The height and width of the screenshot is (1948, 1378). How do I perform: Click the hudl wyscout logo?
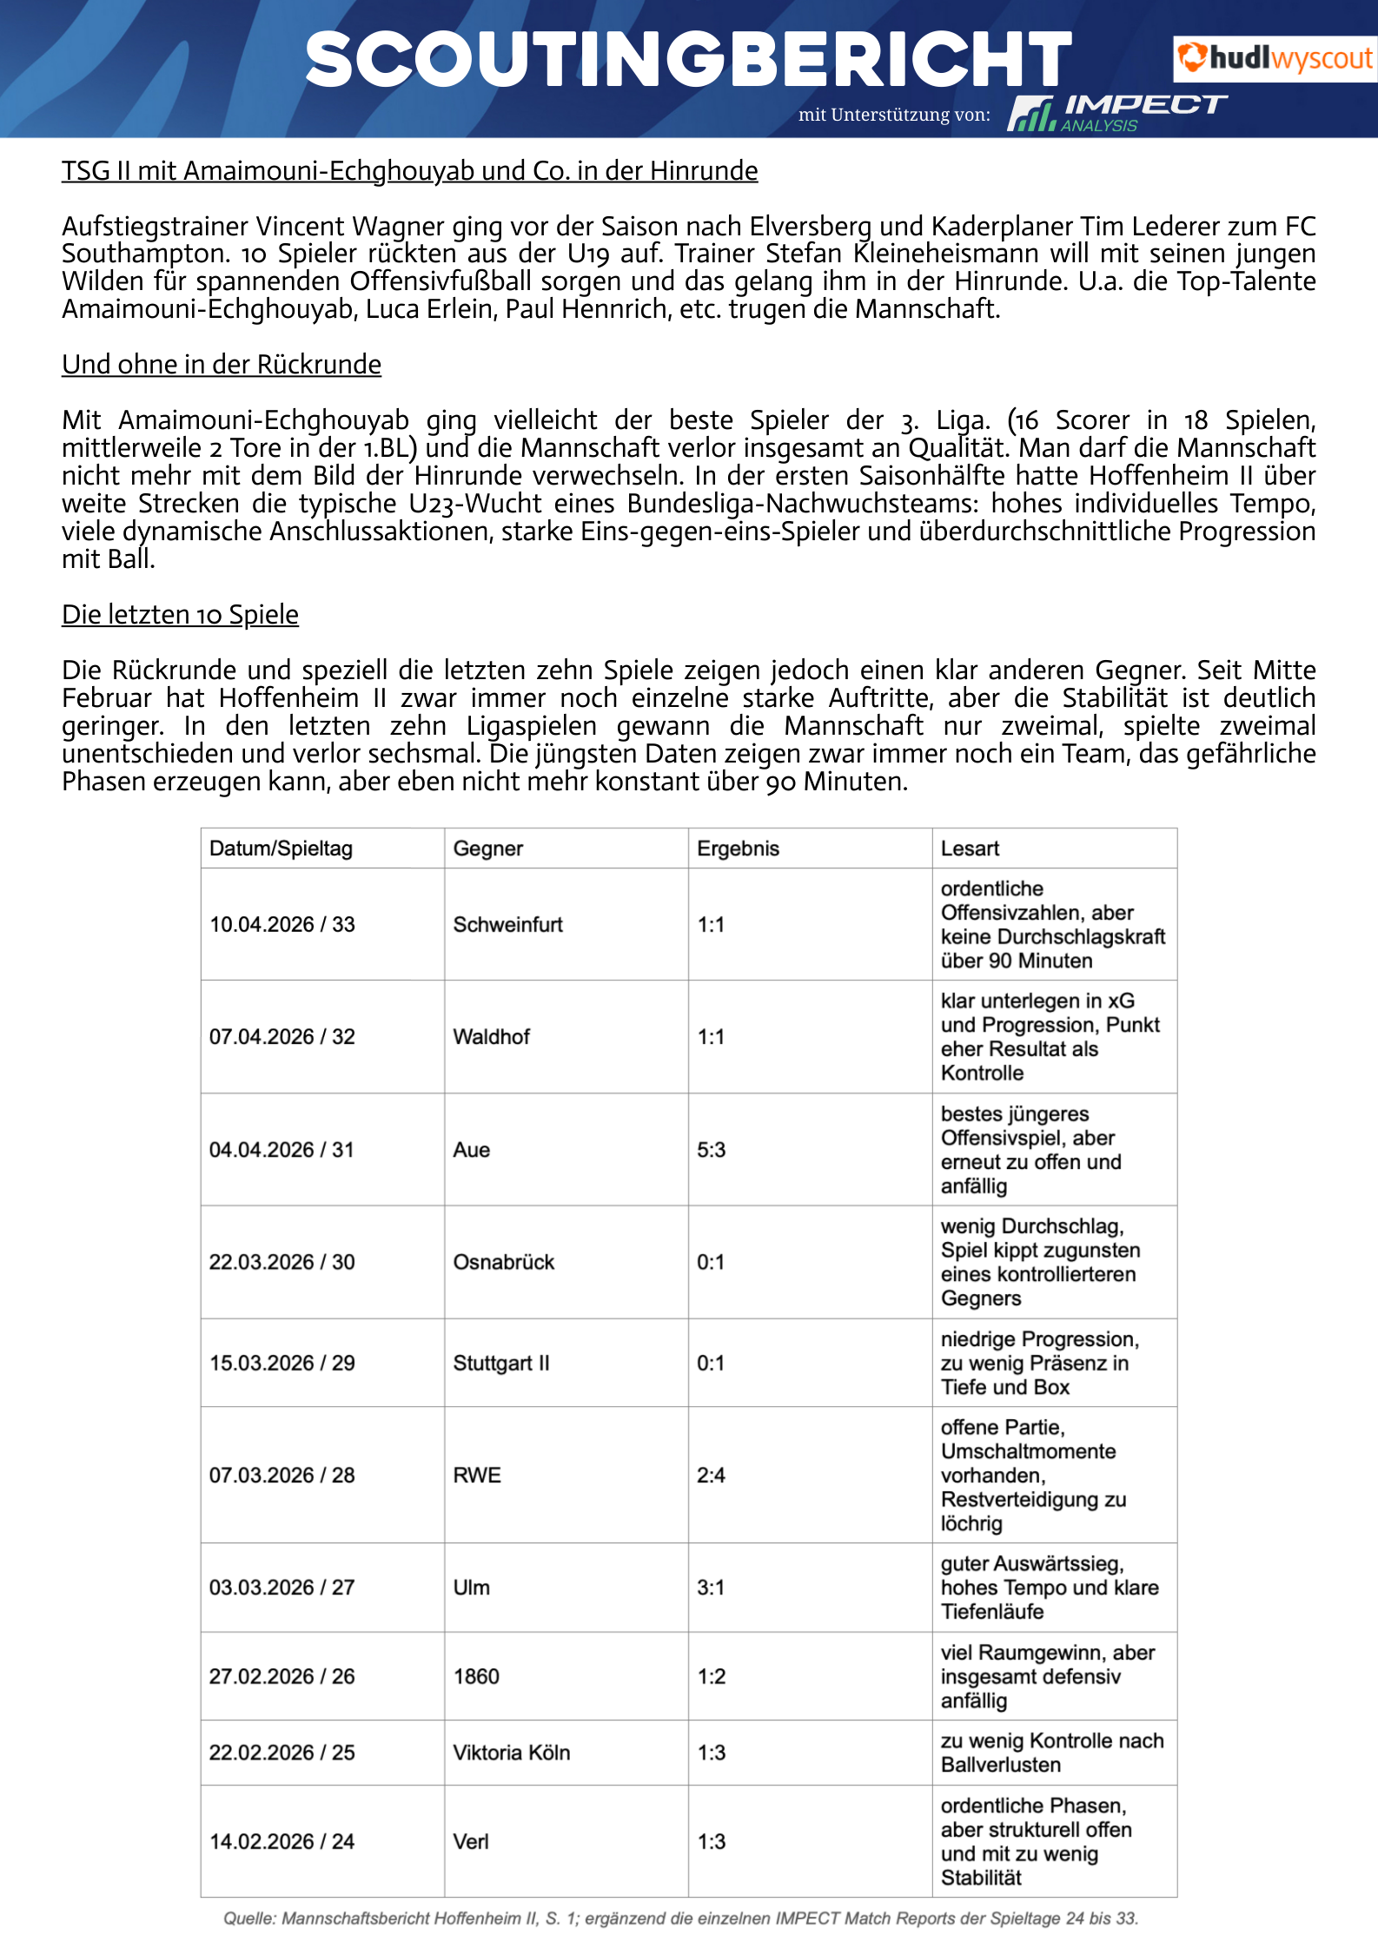(x=1274, y=59)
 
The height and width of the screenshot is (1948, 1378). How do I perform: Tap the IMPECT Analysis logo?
(x=1116, y=113)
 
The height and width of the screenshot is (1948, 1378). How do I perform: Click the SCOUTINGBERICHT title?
(x=688, y=59)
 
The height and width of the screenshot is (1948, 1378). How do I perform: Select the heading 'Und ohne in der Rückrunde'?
(x=222, y=365)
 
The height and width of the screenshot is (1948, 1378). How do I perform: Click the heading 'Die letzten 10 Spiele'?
(x=180, y=615)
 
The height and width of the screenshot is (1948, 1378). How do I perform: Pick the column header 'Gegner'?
(x=488, y=849)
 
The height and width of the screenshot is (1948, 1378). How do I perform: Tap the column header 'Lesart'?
(x=970, y=849)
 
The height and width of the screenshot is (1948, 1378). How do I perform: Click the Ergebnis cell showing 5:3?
(x=711, y=1150)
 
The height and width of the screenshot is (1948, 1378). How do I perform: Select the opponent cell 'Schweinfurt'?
(x=507, y=924)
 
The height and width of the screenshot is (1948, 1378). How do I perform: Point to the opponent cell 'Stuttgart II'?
(x=501, y=1363)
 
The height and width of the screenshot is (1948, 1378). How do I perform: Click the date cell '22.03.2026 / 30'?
(x=282, y=1262)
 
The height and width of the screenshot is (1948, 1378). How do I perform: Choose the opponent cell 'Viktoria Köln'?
(x=512, y=1753)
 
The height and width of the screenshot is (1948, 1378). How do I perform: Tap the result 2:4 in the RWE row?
(x=711, y=1475)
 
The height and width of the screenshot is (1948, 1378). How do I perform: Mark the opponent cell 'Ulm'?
(x=472, y=1588)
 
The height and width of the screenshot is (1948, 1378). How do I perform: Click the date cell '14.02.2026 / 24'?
(x=282, y=1841)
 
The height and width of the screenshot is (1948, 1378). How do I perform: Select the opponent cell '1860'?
(x=476, y=1676)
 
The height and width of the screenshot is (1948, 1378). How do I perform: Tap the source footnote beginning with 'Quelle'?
(x=680, y=1918)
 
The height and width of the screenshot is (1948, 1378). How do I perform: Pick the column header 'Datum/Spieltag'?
(x=281, y=849)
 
